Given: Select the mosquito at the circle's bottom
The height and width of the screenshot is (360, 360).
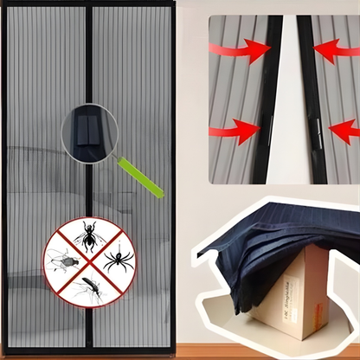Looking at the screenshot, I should click(87, 287).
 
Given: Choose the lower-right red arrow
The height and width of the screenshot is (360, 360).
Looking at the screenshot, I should click(344, 131).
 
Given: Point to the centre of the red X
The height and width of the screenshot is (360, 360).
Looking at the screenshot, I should click(88, 260).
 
